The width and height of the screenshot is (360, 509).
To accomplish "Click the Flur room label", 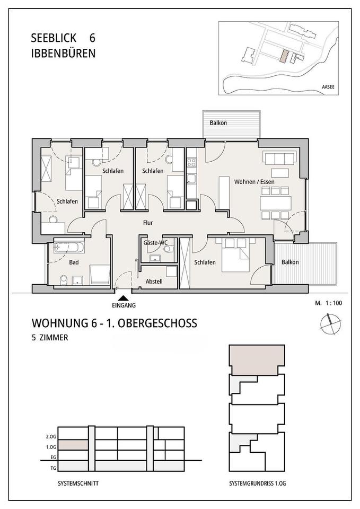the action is [x=148, y=223].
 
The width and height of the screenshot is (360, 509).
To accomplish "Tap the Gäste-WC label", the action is [x=155, y=242].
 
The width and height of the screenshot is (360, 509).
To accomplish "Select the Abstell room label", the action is [x=154, y=282].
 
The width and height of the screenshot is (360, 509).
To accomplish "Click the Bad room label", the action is [x=74, y=262].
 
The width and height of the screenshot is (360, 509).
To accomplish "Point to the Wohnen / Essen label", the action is [x=254, y=182].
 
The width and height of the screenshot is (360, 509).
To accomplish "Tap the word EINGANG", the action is [x=124, y=305].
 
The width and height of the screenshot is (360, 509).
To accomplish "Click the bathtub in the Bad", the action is [x=69, y=248].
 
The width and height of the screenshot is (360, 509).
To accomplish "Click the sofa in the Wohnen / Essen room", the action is [x=280, y=158].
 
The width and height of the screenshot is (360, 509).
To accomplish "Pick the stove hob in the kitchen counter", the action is [x=191, y=162].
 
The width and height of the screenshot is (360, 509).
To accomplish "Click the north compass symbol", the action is [x=331, y=323].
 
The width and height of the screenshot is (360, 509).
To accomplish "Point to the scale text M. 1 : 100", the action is [x=328, y=303].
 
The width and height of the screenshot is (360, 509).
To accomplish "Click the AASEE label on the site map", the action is [x=328, y=87].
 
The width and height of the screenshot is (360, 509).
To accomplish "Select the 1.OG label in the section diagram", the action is [x=51, y=447].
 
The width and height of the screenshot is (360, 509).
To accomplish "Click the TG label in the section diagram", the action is [x=53, y=468].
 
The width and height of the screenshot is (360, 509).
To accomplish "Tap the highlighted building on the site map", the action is [x=284, y=56].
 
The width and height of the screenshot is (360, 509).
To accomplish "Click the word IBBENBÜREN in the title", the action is [x=63, y=53].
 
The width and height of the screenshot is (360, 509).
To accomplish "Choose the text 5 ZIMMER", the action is [x=50, y=338].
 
